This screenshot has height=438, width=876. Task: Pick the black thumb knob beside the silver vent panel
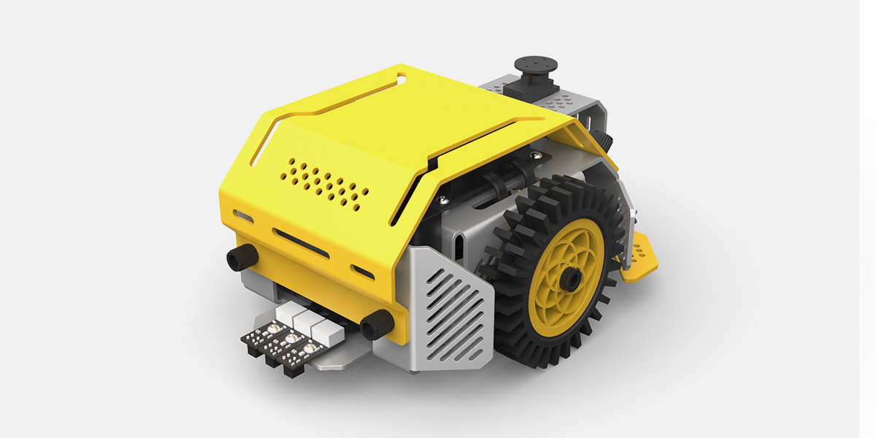point(375,323)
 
